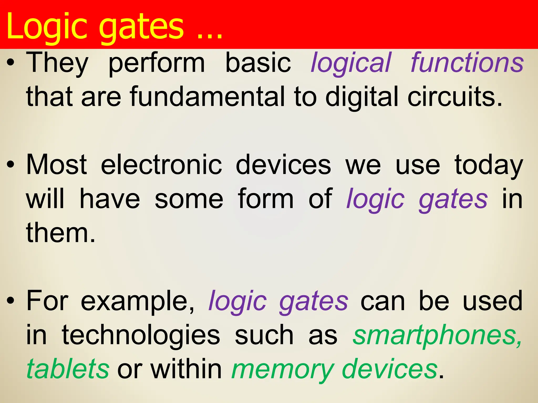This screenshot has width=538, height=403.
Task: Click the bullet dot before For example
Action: [x=11, y=301]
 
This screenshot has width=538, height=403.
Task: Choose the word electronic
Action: [x=161, y=165]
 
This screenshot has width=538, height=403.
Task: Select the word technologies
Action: [x=141, y=336]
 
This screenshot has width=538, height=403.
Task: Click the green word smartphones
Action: [x=437, y=336]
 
